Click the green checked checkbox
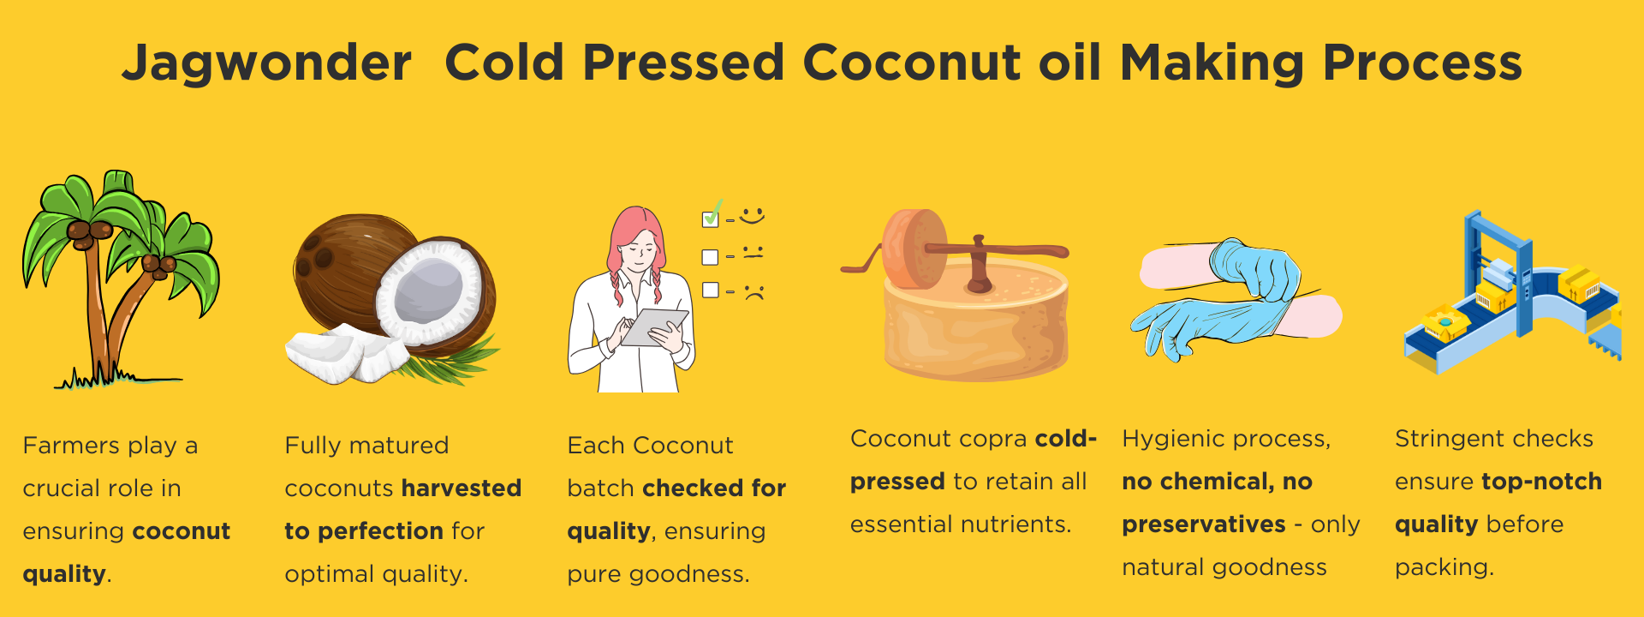[x=711, y=217]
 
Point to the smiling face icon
[x=752, y=215]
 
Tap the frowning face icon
[x=753, y=291]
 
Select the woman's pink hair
[x=635, y=249]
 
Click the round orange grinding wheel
[x=914, y=249]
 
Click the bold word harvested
[x=462, y=488]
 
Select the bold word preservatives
[x=1204, y=525]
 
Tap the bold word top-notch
[x=1541, y=482]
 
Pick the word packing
[x=1444, y=568]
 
